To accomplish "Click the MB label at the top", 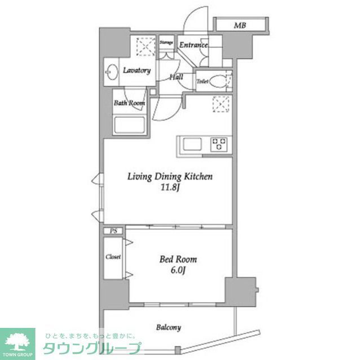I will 240,25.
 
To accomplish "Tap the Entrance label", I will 193,45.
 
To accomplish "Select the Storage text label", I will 166,42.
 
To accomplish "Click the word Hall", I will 176,77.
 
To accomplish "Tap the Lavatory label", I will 137,70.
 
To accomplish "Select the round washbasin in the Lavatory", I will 111,72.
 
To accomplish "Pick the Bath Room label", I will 129,103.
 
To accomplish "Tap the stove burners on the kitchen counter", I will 218,144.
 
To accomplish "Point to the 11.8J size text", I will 169,188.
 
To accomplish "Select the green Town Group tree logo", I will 17,341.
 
